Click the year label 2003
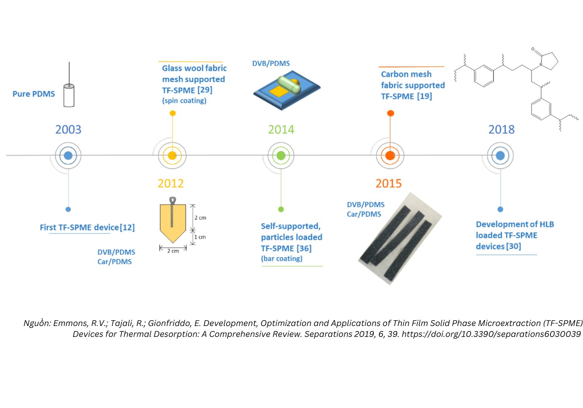[68, 129]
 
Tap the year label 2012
[171, 183]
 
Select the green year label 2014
[281, 129]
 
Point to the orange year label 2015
[389, 183]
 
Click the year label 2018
[501, 129]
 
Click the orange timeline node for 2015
[390, 155]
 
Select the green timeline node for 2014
[281, 155]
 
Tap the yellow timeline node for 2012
[172, 155]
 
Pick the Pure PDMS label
[34, 94]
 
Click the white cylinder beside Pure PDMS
[69, 95]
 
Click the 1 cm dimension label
[200, 237]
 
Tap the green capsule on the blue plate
[289, 84]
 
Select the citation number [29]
[205, 90]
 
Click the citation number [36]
[304, 248]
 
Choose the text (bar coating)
[282, 258]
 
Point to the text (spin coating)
[184, 100]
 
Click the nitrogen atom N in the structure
[541, 65]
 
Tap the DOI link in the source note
[491, 334]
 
